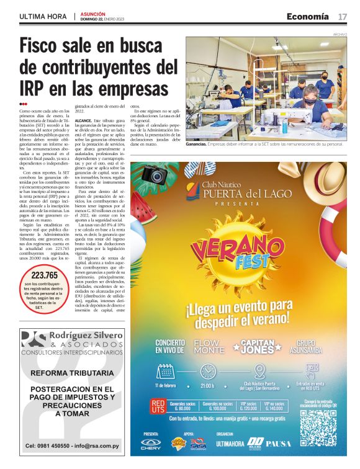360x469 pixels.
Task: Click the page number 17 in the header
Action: [x=343, y=16]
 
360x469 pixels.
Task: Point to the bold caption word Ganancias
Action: [x=196, y=144]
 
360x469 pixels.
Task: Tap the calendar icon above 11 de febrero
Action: [x=165, y=370]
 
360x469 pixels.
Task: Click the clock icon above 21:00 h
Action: [x=207, y=370]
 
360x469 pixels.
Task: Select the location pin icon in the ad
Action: [x=259, y=370]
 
